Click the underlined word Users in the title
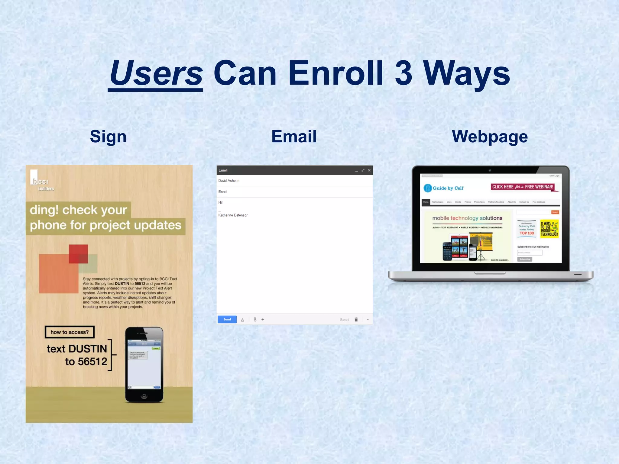[156, 73]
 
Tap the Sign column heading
[108, 137]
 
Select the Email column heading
[294, 136]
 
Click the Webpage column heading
[490, 137]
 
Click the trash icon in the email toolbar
[356, 320]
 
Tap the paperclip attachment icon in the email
[255, 319]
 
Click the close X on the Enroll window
[369, 170]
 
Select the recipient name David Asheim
[229, 181]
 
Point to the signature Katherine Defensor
[233, 215]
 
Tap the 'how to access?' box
[70, 332]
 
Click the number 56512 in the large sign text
[92, 362]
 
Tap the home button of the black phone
[144, 396]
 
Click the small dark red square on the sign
[78, 253]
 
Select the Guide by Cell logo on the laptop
[444, 188]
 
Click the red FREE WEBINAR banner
[523, 187]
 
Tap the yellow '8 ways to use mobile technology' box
[549, 229]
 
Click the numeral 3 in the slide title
[403, 73]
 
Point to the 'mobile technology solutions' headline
[467, 218]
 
